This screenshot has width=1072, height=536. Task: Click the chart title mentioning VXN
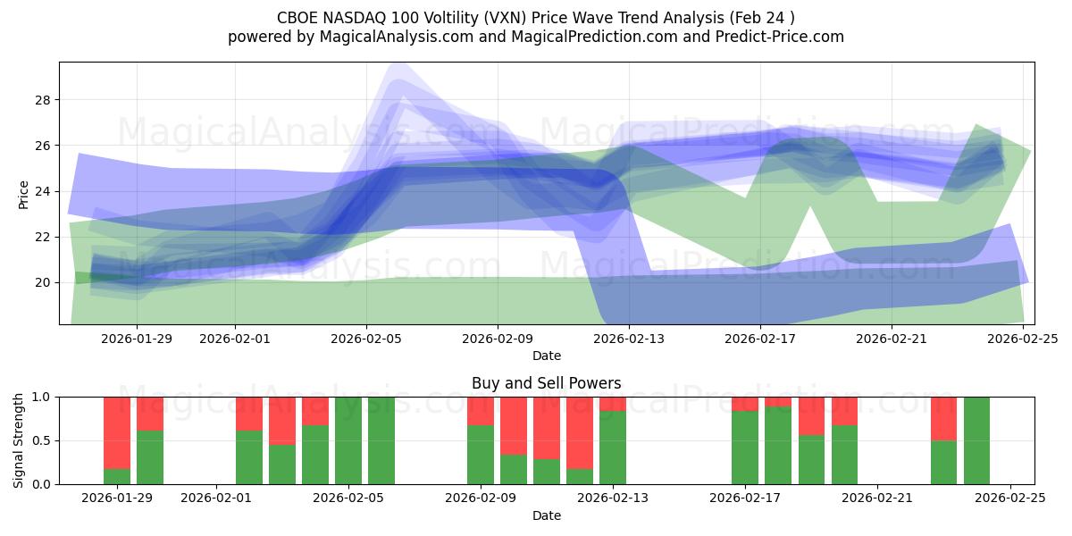[x=535, y=17]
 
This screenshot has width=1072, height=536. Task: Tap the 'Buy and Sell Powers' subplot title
[x=546, y=383]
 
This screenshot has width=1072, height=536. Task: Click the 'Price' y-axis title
[x=24, y=195]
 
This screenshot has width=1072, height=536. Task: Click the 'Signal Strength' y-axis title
[x=19, y=440]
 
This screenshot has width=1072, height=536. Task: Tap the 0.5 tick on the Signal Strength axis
[x=39, y=440]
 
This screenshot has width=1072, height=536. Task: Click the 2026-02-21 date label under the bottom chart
[x=877, y=498]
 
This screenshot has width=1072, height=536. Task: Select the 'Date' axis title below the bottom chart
[x=546, y=515]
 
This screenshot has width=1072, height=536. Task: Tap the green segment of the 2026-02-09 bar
[x=481, y=455]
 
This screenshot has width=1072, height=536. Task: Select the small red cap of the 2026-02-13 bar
[x=613, y=404]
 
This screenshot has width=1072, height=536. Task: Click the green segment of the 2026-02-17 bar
[x=745, y=448]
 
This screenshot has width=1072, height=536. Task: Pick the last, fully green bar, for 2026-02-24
[x=976, y=440]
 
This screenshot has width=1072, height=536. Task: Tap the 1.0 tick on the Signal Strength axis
[x=39, y=397]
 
